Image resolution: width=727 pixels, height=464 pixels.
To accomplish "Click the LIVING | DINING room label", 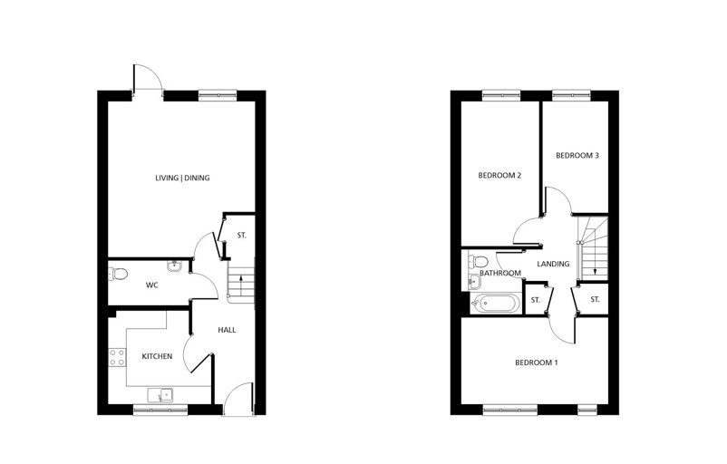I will [182, 178].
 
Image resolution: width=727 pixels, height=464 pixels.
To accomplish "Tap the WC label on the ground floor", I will [152, 285].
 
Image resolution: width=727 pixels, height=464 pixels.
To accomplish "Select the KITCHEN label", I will [157, 356].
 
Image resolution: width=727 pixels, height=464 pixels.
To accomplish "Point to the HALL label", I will [227, 330].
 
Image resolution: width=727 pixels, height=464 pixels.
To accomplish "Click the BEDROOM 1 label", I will [537, 363].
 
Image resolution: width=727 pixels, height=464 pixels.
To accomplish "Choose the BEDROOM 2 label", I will [499, 175].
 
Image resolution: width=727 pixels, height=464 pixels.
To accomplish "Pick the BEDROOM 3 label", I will [577, 155].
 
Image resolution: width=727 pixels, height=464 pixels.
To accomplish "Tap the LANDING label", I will [553, 264].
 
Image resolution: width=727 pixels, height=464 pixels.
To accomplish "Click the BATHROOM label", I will [500, 273].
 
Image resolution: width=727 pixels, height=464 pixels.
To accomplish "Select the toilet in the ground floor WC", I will [118, 274].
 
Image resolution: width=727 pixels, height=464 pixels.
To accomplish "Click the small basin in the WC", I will [174, 266].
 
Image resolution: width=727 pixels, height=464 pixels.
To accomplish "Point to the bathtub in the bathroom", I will [495, 304].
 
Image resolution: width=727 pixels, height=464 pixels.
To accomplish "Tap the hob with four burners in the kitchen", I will [117, 356].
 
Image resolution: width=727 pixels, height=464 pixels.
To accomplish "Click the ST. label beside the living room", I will [241, 236].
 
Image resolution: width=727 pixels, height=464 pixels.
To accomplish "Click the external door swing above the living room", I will [147, 80].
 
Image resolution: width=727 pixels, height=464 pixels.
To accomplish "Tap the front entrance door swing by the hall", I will [238, 398].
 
